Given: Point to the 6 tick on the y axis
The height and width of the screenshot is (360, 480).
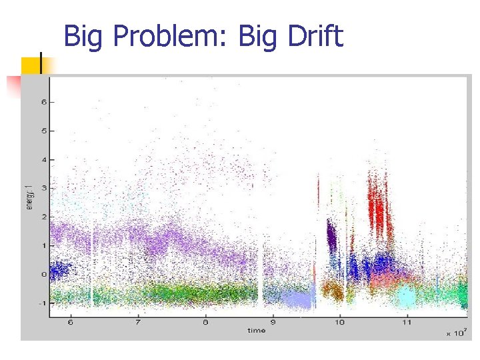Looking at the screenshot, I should [x=43, y=102].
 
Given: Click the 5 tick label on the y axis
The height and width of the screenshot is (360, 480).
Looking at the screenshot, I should [x=43, y=131].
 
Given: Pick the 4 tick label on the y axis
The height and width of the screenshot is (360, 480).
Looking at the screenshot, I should [x=43, y=159].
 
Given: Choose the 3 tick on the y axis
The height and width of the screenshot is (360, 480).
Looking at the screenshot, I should [x=43, y=188].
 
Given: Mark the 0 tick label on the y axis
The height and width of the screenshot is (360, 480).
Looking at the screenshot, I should [x=43, y=274].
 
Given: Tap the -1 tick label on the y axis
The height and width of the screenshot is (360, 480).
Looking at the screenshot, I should [x=42, y=303].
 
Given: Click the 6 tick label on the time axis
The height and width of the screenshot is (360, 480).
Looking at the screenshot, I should [x=71, y=323].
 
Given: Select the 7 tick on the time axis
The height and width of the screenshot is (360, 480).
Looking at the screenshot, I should [x=138, y=323].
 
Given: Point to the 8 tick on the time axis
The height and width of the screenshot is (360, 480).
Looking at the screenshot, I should [x=205, y=323].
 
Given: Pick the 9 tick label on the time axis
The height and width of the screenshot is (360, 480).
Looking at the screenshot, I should [x=273, y=323].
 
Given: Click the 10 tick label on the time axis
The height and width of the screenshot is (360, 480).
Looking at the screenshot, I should [x=339, y=323].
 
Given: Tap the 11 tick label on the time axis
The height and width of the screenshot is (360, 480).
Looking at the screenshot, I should [x=407, y=323].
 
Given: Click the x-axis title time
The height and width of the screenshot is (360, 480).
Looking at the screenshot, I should [x=256, y=330].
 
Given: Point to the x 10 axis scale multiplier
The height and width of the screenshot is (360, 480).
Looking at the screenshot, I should [x=456, y=331].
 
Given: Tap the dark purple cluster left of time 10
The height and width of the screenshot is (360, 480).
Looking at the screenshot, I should [x=331, y=235].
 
